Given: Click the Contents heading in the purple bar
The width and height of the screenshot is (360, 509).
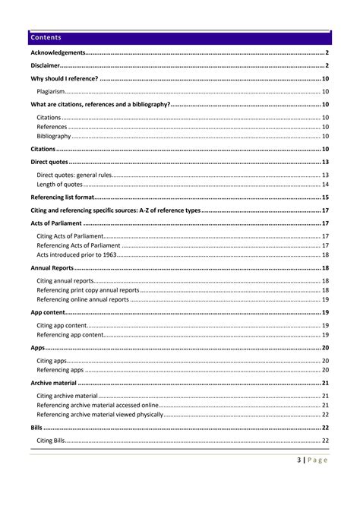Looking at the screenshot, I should point(46,37).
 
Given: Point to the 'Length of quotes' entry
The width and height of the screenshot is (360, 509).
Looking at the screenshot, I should point(59,185).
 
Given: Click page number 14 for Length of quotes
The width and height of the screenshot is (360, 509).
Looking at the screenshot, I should point(324,185).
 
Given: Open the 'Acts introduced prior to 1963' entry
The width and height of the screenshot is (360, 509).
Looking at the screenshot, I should point(76,254).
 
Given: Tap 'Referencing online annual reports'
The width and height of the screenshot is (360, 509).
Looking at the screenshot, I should point(83,299).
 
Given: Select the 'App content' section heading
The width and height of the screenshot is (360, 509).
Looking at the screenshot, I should point(47,312).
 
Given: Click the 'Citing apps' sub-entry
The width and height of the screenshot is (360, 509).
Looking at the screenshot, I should point(52,360).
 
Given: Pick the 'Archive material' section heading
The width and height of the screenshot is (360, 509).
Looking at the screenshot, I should point(53,383).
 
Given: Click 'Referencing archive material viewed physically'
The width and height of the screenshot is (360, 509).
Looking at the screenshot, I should point(99,414).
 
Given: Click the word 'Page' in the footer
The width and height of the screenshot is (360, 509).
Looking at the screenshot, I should point(319,460).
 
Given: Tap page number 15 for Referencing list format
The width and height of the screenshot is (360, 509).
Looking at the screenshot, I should point(324,198).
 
